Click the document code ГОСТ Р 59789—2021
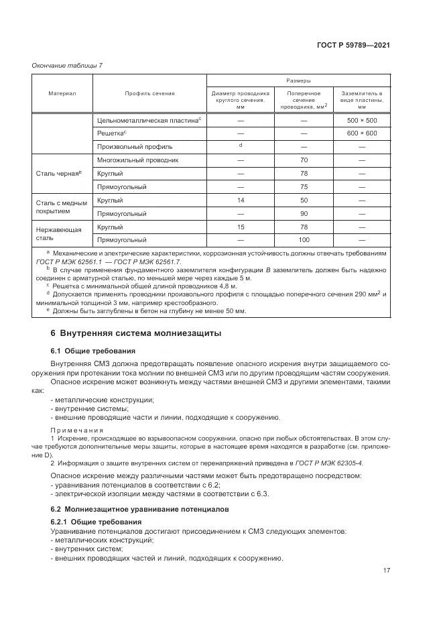pos(359,45)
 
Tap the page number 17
pos(387,570)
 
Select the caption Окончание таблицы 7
pos(67,65)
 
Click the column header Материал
pos(62,93)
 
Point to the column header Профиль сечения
pos(149,93)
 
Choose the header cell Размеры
pos(298,79)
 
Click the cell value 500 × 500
pos(362,120)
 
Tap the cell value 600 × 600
pos(362,133)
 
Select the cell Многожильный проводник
pos(137,160)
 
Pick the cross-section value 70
pos(304,160)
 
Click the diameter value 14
pos(241,200)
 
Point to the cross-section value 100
pos(304,239)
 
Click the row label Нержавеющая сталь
pos(50,233)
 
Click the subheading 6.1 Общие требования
pos(92,351)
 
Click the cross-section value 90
pos(304,213)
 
